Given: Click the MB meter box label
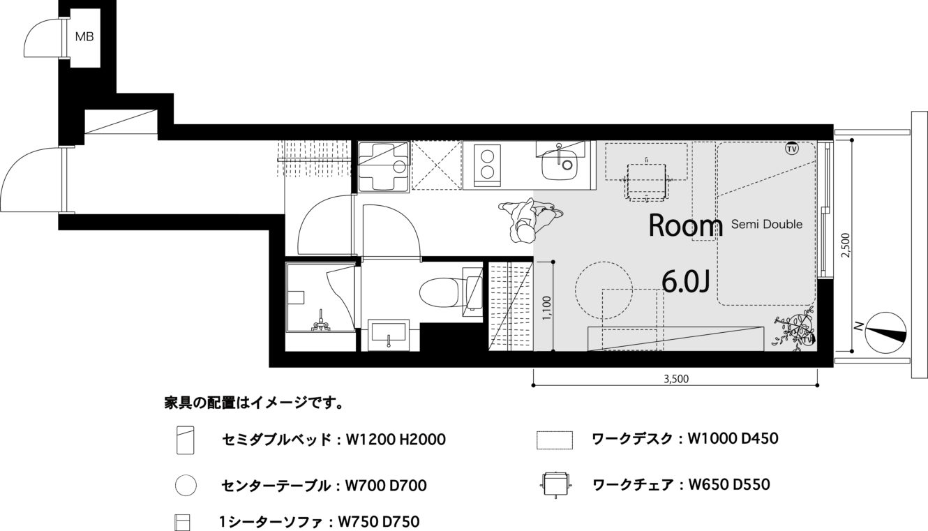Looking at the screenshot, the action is tap(84, 37).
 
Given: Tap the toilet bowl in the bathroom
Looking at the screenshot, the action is tap(439, 292).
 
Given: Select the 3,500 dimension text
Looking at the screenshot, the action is tap(676, 379).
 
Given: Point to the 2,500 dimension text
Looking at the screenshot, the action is tap(846, 245).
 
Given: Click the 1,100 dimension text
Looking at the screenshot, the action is tap(547, 308).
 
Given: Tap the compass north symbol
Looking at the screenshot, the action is tap(885, 333).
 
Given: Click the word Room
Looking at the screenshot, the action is tap(686, 227).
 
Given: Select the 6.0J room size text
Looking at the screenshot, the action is tap(686, 281).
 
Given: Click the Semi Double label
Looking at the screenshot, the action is tap(766, 224).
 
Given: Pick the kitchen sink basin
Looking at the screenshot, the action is tap(560, 165).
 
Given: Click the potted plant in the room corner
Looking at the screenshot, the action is tap(793, 334).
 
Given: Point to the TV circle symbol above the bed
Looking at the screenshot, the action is tap(792, 149).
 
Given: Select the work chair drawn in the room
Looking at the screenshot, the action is tap(647, 182).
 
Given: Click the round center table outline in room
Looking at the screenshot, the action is tap(604, 290).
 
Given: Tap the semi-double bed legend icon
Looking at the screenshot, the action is tap(185, 440).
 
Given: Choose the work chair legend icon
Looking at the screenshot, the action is tap(555, 484).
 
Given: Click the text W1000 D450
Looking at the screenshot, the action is tap(733, 439).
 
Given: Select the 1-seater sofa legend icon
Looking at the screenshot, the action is tap(182, 523).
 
